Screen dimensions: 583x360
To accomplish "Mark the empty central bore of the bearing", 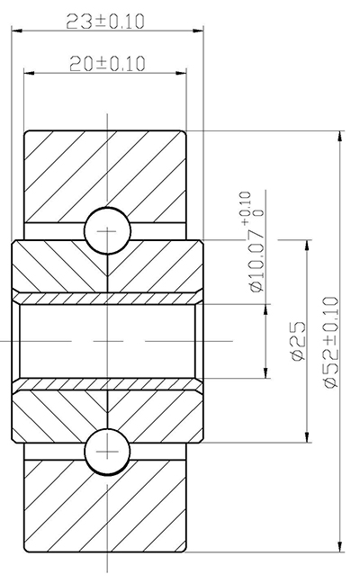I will click(x=105, y=342).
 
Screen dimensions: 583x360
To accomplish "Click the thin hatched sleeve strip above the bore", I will click(x=105, y=297).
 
